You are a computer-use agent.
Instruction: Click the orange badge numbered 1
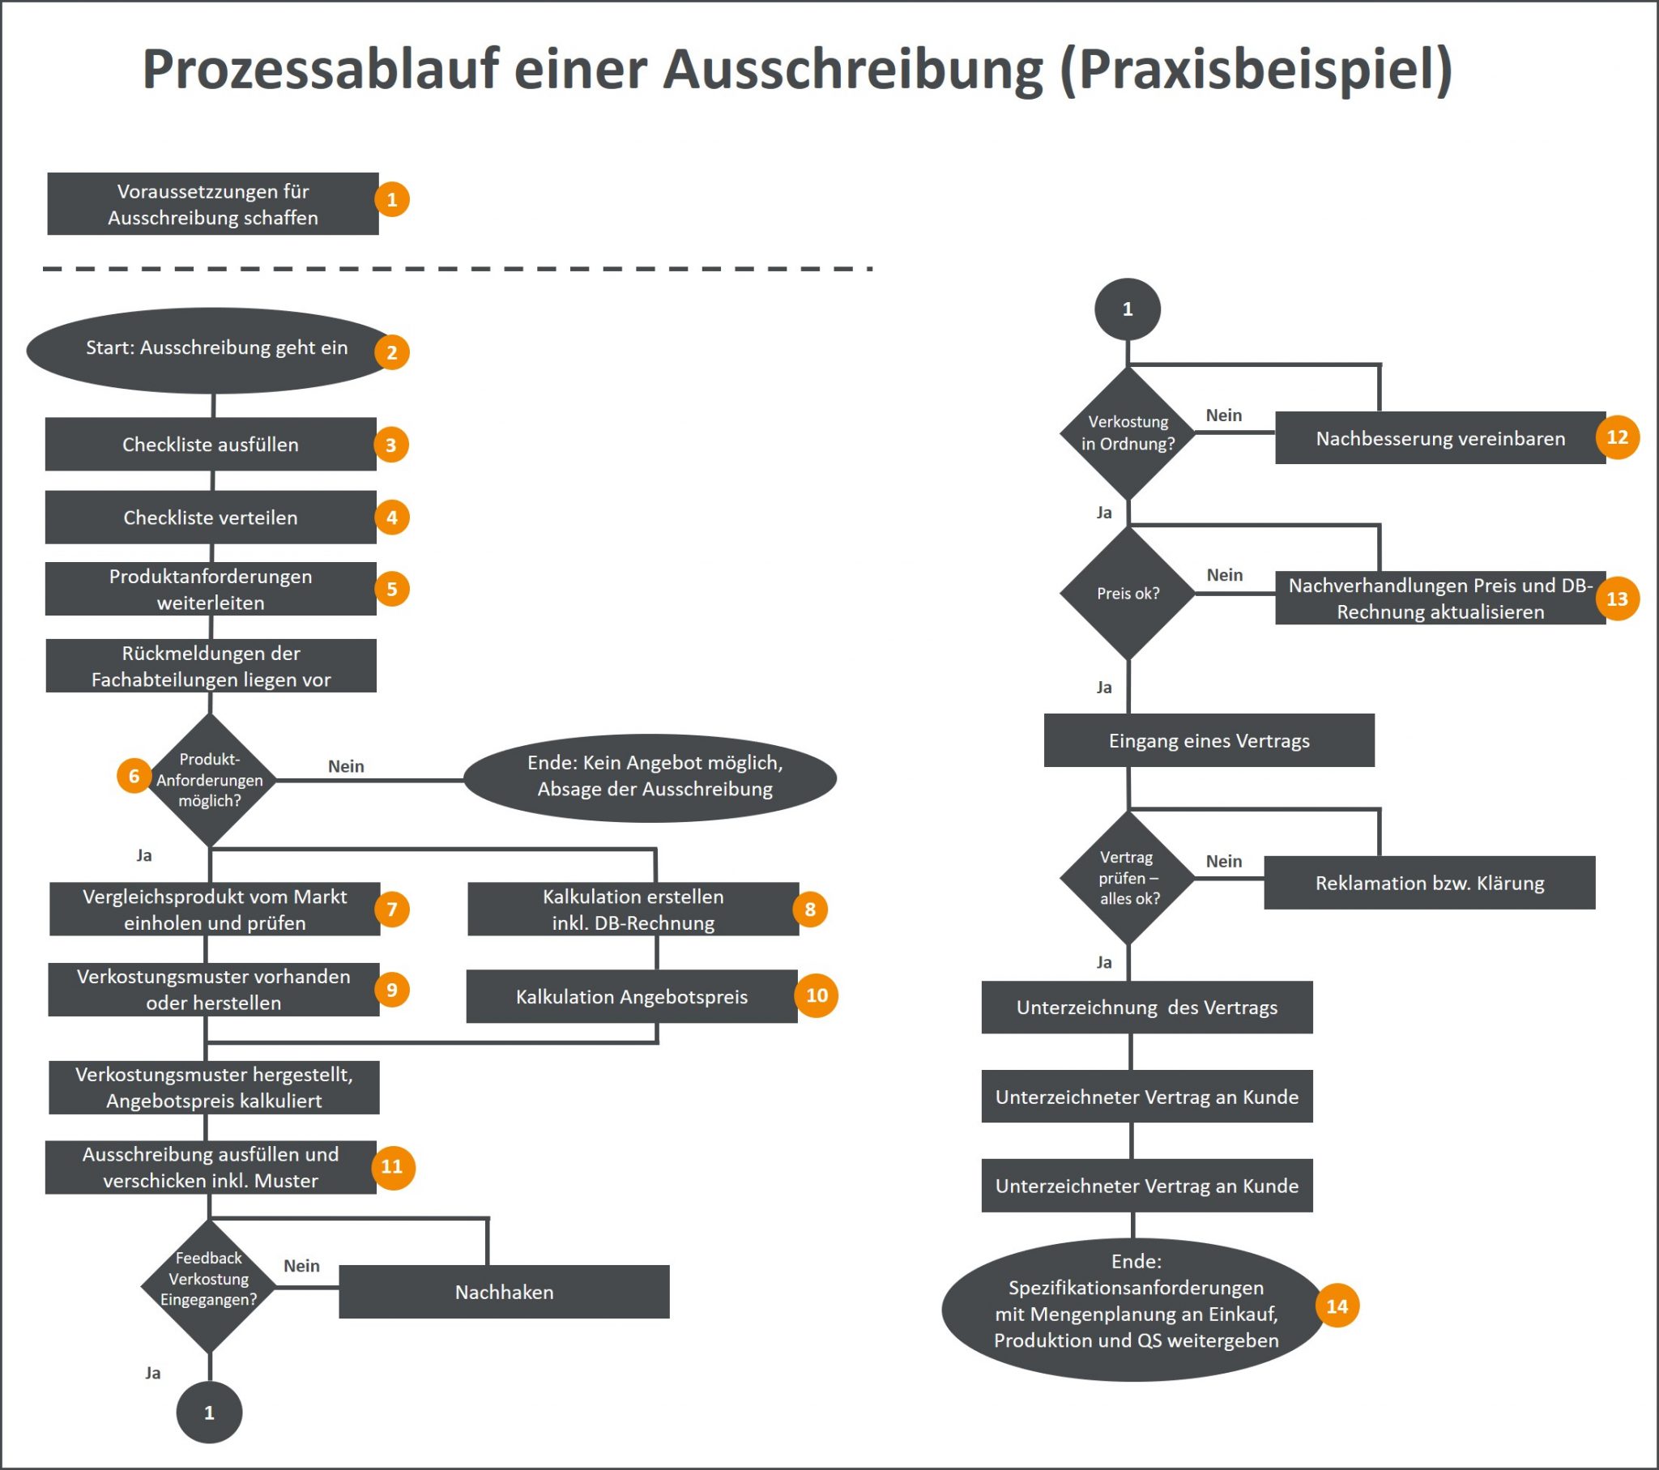pyautogui.click(x=392, y=200)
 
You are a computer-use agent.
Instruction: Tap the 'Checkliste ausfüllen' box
pyautogui.click(x=211, y=444)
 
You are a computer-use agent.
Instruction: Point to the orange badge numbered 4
pyautogui.click(x=392, y=517)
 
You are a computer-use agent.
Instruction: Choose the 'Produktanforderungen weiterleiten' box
pyautogui.click(x=211, y=590)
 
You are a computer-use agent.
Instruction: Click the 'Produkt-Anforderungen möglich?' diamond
pyautogui.click(x=210, y=780)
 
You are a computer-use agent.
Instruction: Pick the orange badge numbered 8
pyautogui.click(x=810, y=909)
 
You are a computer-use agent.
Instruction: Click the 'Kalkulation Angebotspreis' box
pyautogui.click(x=632, y=997)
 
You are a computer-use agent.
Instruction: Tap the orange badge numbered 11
pyautogui.click(x=392, y=1166)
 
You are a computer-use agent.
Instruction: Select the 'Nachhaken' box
pyautogui.click(x=504, y=1292)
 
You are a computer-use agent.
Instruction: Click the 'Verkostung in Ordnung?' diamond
pyautogui.click(x=1128, y=433)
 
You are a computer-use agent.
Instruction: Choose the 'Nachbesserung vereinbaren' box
pyautogui.click(x=1439, y=438)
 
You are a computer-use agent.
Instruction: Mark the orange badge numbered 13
pyautogui.click(x=1618, y=599)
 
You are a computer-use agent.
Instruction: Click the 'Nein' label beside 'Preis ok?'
pyautogui.click(x=1224, y=575)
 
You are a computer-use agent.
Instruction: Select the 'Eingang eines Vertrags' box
pyautogui.click(x=1209, y=740)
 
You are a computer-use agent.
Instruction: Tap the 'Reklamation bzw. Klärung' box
pyautogui.click(x=1429, y=882)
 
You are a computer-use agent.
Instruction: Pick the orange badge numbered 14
pyautogui.click(x=1337, y=1306)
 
